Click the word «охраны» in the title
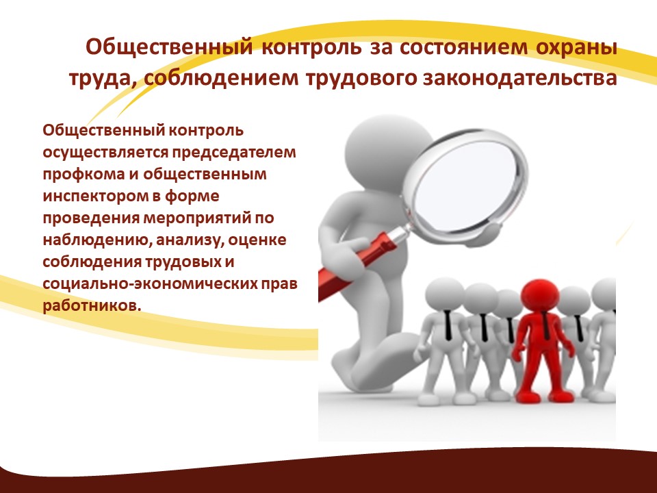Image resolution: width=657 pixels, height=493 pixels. [x=576, y=48]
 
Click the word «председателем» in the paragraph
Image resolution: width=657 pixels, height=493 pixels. [x=234, y=153]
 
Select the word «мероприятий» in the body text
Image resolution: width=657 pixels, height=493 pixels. [x=197, y=218]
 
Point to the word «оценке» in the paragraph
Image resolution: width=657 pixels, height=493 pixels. [x=257, y=240]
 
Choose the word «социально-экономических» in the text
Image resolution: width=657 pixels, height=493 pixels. [x=151, y=283]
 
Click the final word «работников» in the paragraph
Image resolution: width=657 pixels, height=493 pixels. [x=90, y=305]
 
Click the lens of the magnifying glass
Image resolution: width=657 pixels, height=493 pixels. [x=465, y=186]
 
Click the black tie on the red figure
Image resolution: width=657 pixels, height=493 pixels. [x=545, y=326]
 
